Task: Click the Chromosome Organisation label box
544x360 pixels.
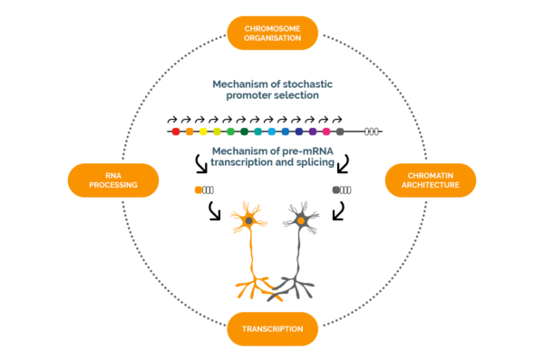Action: click(271, 33)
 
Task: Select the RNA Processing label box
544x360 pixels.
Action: click(113, 180)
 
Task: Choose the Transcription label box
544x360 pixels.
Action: click(272, 328)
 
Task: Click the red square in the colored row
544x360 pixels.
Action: click(176, 131)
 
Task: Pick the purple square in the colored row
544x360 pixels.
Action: click(312, 131)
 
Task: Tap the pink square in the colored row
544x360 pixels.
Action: click(325, 131)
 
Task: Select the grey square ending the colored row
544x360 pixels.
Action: click(339, 131)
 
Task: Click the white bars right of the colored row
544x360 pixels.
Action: click(372, 131)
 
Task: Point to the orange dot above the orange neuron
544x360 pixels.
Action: click(199, 190)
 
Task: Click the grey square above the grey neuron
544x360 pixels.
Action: click(336, 190)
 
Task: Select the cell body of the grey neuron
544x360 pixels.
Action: click(300, 219)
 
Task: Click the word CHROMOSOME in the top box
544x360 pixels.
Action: click(271, 27)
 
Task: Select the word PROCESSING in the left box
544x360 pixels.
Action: click(113, 185)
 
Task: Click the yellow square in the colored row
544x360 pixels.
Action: click(203, 131)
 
